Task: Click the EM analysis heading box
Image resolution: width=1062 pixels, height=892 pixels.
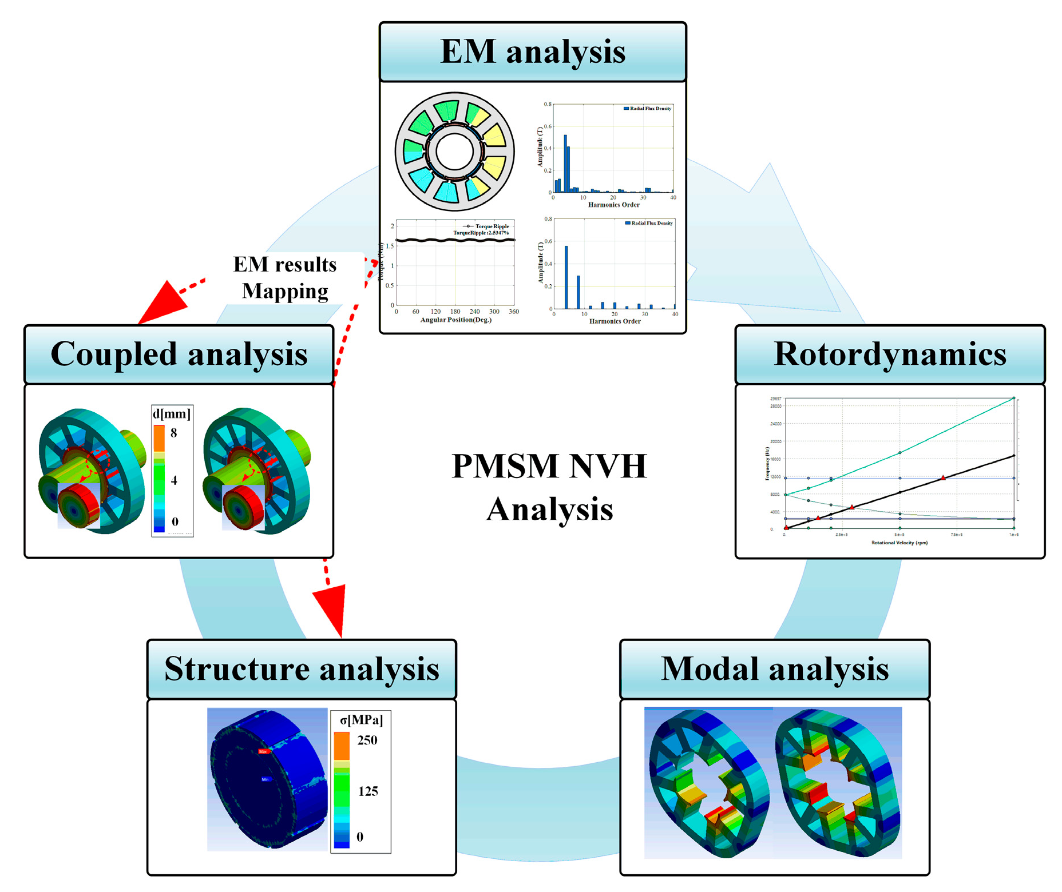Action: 532,51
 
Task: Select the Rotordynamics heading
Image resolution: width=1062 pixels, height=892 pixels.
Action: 889,354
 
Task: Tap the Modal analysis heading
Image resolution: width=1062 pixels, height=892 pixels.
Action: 774,668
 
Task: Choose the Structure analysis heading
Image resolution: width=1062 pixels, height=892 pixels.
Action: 302,668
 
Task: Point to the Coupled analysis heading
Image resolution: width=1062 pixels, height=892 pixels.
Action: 179,354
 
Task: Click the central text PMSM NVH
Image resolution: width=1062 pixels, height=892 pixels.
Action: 549,465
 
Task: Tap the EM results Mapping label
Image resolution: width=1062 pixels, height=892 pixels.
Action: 285,277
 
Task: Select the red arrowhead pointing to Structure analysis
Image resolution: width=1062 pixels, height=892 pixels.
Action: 332,610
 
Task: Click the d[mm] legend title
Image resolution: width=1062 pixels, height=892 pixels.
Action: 172,413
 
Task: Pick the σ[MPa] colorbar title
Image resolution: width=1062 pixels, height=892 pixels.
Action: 361,719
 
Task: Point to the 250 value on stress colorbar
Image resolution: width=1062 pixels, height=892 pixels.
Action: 367,740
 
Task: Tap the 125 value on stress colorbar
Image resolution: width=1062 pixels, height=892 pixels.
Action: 367,791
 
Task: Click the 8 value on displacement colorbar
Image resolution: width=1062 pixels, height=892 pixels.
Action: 173,433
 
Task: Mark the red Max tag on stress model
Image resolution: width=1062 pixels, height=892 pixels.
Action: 263,751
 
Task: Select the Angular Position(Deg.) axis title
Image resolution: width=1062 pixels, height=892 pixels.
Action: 455,320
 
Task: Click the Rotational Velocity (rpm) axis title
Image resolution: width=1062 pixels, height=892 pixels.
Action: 899,542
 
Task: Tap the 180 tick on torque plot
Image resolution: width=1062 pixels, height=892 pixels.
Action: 455,312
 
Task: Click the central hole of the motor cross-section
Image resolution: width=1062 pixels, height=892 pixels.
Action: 454,152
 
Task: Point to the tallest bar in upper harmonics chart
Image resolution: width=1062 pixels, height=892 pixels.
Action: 565,164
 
